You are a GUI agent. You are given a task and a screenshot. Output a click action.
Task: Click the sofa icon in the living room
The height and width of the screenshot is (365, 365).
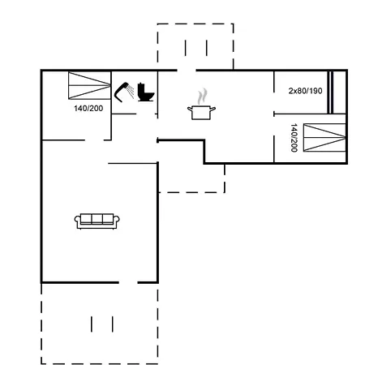pos(97,221)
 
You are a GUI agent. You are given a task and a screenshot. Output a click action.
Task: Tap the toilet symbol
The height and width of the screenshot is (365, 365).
pos(146,92)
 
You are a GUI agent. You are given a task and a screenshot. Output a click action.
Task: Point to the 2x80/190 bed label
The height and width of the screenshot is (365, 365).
pos(305,91)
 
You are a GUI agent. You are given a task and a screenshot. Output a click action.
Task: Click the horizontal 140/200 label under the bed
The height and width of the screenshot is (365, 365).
pos(88,109)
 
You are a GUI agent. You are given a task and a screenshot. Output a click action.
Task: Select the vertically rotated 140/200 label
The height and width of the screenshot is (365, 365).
pos(294,138)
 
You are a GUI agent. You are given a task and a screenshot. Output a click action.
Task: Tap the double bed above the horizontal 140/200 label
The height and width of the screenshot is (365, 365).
pos(90,86)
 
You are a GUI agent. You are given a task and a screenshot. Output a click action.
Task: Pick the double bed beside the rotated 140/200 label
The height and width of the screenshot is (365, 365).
pos(324,138)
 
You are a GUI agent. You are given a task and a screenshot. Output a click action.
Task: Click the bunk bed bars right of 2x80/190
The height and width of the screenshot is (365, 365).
pos(330,92)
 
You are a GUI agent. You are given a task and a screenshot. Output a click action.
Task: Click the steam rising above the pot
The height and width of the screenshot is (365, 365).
pos(202,97)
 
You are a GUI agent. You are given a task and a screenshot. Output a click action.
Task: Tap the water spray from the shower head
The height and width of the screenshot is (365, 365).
pos(131,92)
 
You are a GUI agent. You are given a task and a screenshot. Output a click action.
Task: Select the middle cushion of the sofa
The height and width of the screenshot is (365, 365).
pos(97,218)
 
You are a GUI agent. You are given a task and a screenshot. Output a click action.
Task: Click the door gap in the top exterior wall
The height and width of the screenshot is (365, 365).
pos(187,71)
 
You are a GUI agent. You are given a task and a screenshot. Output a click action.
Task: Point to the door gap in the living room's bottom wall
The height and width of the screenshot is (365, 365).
pos(128,282)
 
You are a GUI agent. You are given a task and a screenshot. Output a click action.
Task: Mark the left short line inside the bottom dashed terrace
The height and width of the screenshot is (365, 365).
pos(92,324)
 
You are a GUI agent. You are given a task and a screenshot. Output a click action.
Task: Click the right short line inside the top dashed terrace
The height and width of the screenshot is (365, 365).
pos(207,48)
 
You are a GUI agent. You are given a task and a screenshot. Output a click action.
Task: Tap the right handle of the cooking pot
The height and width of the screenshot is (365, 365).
pos(213,109)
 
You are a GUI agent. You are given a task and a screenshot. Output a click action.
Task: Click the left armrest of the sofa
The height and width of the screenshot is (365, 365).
pos(77,221)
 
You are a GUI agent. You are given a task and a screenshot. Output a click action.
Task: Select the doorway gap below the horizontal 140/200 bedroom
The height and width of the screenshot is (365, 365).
pos(94,140)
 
